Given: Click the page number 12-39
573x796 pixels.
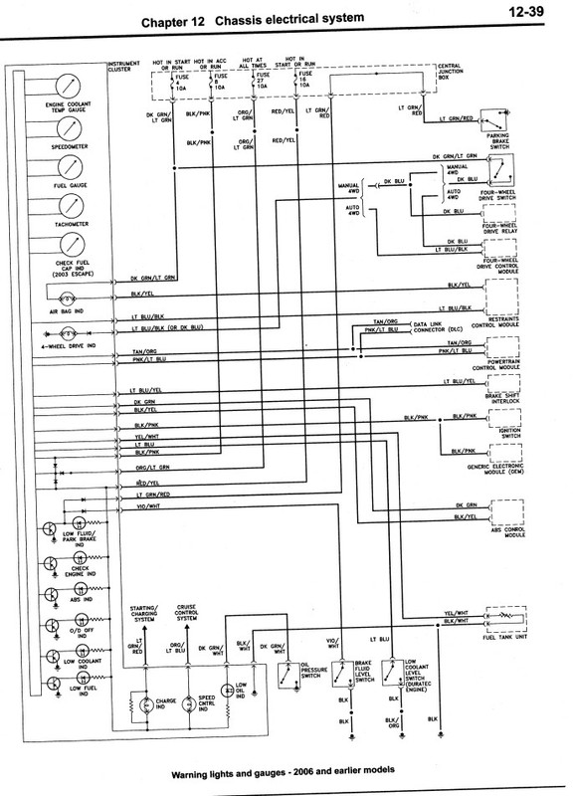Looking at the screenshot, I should coord(527,14).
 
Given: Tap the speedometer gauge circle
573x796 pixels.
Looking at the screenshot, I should coord(70,128).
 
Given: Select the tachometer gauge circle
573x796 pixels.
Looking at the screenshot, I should coord(70,207).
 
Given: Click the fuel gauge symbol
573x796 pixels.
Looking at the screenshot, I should coord(70,168).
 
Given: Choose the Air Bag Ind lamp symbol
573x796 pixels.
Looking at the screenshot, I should coord(66,297).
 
